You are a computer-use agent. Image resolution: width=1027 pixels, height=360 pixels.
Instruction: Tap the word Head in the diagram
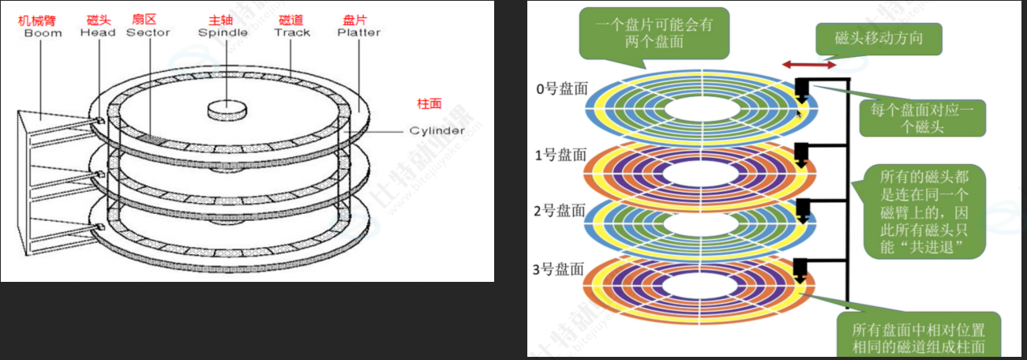98,32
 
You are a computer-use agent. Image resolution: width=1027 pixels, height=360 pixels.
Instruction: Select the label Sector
148,32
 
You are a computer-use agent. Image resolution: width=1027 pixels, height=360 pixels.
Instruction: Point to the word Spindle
223,32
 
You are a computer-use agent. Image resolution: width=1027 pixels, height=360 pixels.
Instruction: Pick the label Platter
358,32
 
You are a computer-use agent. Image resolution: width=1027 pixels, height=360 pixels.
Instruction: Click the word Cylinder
437,130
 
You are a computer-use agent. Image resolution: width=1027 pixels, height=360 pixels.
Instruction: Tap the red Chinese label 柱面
429,103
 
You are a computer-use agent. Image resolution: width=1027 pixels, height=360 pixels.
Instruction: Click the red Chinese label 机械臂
36,19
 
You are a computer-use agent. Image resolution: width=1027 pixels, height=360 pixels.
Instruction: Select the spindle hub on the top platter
227,109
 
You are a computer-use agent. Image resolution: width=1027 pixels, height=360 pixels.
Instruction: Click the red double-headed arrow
808,62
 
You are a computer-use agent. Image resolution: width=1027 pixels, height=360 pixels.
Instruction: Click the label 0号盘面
561,89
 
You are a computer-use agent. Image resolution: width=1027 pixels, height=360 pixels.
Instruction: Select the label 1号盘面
561,155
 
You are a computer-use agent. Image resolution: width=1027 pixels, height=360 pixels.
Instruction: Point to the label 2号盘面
561,210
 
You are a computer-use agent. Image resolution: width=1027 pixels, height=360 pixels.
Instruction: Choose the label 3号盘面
561,269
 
